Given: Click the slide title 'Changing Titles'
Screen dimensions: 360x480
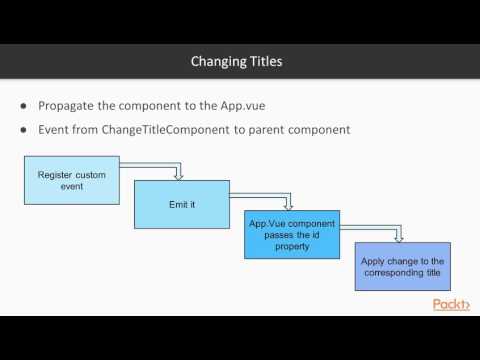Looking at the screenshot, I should (237, 62).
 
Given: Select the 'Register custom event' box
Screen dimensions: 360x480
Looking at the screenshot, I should (72, 180).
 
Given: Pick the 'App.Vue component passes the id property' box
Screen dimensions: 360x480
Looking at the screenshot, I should (292, 235).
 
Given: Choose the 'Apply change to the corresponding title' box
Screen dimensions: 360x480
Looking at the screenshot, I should (402, 266).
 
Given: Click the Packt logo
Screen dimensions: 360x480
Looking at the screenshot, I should (451, 304).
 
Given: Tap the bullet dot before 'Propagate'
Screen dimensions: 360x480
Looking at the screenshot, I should (24, 105).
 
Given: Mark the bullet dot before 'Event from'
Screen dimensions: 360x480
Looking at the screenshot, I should (24, 130).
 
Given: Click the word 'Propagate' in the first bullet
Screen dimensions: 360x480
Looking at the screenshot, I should (70, 105).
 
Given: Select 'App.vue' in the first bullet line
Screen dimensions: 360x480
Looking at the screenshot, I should (267, 105).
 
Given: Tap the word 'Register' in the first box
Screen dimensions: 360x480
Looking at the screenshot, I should (58, 174).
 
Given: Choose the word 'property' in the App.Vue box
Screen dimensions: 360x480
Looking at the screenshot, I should (292, 249).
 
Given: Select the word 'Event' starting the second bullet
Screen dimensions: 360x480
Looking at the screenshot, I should (56, 130).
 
